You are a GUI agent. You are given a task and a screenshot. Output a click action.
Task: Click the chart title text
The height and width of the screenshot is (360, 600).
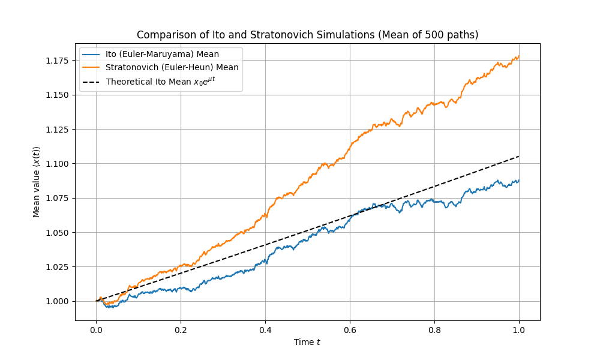[x=307, y=35]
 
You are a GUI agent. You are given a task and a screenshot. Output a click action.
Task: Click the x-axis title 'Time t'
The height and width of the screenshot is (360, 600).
[x=307, y=342]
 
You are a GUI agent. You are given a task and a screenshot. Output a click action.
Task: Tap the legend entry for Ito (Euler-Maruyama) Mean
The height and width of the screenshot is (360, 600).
[x=162, y=54]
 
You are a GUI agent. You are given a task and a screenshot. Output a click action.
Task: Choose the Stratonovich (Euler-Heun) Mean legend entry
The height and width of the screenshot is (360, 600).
[x=172, y=67]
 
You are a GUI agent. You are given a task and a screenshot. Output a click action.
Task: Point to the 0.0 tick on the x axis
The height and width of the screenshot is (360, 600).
[x=96, y=329]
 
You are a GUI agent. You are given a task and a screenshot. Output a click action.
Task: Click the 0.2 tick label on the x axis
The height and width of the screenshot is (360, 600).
[x=181, y=329]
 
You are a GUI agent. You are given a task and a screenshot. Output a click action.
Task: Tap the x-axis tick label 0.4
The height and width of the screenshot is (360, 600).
[x=265, y=329]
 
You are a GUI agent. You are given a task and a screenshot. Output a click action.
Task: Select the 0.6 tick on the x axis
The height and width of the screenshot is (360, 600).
[x=350, y=329]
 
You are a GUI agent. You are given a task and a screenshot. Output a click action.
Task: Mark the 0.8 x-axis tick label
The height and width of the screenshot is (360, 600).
[x=434, y=329]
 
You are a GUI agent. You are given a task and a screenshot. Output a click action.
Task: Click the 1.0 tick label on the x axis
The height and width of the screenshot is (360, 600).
[x=519, y=329]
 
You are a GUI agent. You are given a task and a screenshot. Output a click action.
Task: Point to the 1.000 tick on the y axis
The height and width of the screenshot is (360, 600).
[x=59, y=301]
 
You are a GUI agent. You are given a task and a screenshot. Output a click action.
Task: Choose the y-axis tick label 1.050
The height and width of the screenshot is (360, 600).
[x=59, y=232]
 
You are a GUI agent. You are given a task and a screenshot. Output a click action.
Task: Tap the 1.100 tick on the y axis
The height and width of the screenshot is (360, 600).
[x=59, y=164]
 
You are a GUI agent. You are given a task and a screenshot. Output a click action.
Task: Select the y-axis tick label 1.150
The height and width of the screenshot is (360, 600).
[x=59, y=95]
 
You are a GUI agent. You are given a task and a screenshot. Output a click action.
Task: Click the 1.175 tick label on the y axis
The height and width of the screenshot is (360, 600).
[x=59, y=61]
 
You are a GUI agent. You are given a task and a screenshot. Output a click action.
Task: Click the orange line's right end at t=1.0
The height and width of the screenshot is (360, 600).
[x=519, y=56]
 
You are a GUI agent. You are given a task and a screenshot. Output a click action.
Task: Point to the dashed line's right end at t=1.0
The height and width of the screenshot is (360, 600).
[x=519, y=156]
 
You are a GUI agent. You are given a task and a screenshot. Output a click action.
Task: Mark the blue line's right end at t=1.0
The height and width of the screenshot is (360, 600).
[x=519, y=180]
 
